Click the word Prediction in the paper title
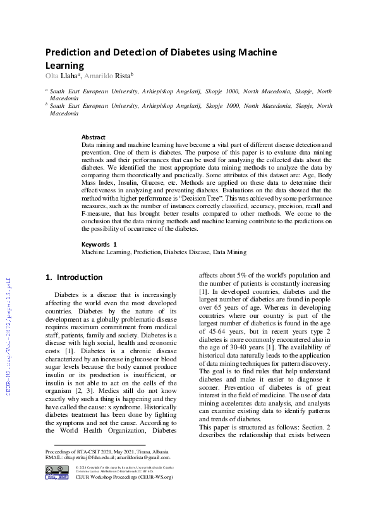coord(70,52)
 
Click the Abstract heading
coord(94,137)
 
